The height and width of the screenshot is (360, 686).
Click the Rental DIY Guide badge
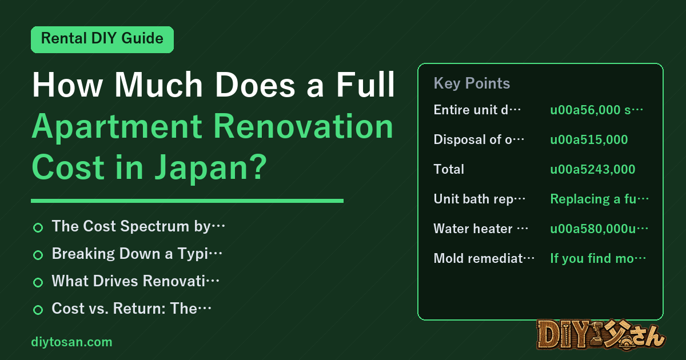coord(102,39)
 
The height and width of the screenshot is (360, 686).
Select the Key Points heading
coord(472,83)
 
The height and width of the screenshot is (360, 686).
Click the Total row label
coord(449,169)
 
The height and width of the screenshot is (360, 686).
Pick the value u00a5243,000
coord(593,169)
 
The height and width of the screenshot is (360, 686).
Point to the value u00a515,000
coord(589,139)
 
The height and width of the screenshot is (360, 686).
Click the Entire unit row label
coord(477,110)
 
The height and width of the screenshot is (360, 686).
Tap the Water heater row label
coord(481,229)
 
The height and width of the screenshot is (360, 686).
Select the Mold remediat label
coord(484,258)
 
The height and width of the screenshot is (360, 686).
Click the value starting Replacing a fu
coord(599,199)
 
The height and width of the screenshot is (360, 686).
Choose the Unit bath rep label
coord(479,199)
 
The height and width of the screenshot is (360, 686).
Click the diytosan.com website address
coord(71,342)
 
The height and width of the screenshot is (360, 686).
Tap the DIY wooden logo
coord(601,335)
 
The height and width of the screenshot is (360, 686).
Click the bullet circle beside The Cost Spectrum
coord(38,228)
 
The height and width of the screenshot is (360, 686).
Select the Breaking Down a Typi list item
coord(137,254)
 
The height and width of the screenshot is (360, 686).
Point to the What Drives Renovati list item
coord(135,281)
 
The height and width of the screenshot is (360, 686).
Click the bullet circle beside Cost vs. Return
coord(38,310)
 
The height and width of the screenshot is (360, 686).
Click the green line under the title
coord(187,201)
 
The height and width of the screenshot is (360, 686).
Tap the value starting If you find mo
coord(598,258)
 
